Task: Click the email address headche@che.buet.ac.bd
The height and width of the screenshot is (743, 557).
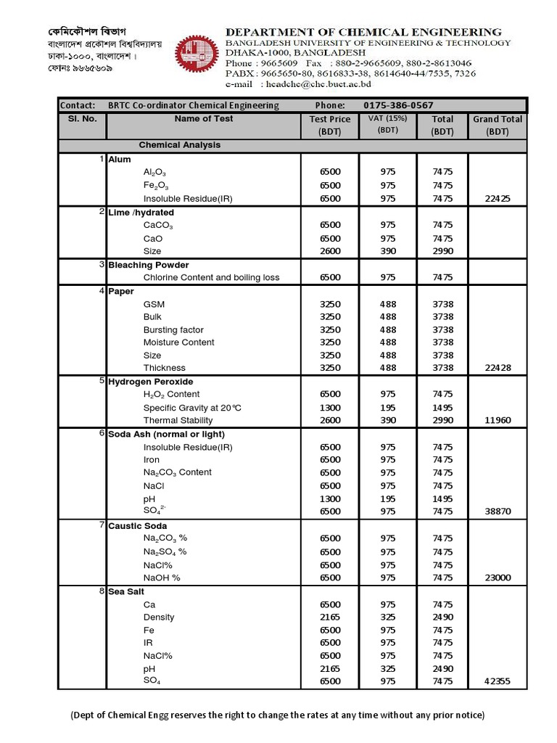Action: click(309, 84)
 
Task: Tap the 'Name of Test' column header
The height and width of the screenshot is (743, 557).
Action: click(203, 119)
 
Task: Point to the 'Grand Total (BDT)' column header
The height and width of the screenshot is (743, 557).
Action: click(498, 125)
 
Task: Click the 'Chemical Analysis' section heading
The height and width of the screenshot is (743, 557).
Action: click(180, 145)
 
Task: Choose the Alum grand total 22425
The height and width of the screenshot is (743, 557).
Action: click(498, 198)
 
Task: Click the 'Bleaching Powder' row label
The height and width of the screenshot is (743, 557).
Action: click(149, 265)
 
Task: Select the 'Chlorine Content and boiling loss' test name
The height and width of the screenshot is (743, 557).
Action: click(211, 277)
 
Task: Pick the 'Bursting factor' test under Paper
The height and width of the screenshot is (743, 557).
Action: click(173, 329)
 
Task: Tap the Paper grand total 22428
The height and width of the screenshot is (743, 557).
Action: click(498, 368)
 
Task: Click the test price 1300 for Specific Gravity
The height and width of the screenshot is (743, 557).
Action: click(329, 408)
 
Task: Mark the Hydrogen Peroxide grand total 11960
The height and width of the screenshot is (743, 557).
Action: click(498, 420)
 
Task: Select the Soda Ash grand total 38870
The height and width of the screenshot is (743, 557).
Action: click(498, 511)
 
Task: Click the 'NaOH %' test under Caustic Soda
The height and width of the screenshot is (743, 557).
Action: click(162, 578)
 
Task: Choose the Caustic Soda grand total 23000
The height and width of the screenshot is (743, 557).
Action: click(498, 578)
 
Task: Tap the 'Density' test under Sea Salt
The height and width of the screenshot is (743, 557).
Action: click(159, 617)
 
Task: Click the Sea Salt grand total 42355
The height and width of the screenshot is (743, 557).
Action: click(498, 681)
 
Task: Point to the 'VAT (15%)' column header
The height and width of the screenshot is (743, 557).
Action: click(387, 123)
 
